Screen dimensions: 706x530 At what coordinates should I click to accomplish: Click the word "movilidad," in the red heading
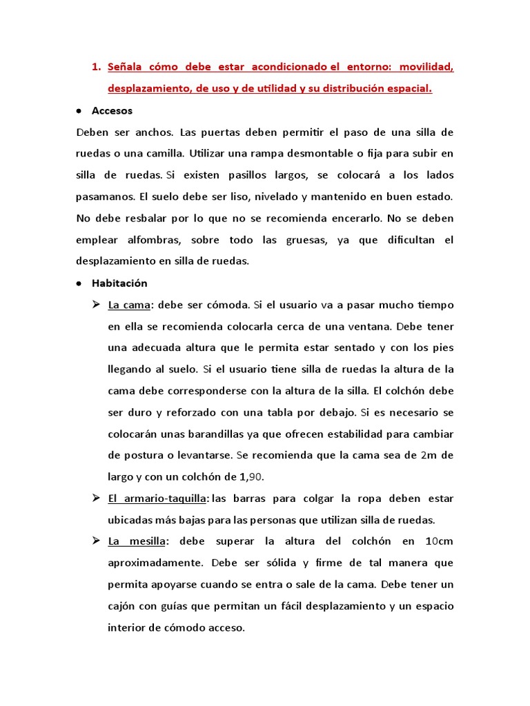coord(426,67)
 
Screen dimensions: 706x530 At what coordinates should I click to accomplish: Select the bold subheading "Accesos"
coord(112,110)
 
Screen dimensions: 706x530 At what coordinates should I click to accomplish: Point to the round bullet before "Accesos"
coord(79,110)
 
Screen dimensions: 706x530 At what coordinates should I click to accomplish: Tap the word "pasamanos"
coord(104,196)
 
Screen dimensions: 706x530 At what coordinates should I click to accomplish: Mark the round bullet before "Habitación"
coord(79,283)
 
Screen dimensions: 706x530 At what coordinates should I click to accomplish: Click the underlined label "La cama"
coord(129,304)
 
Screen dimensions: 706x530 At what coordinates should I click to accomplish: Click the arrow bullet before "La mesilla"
coord(97,541)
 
